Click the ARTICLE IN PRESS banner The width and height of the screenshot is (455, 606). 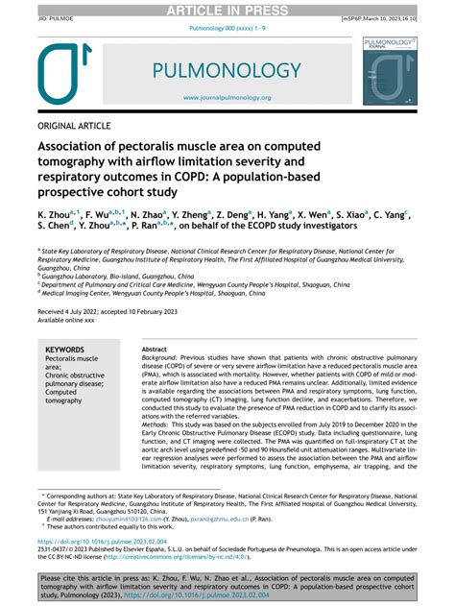click(227, 11)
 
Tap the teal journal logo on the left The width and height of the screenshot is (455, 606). click(66, 75)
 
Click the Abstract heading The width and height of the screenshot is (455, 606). click(155, 350)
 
